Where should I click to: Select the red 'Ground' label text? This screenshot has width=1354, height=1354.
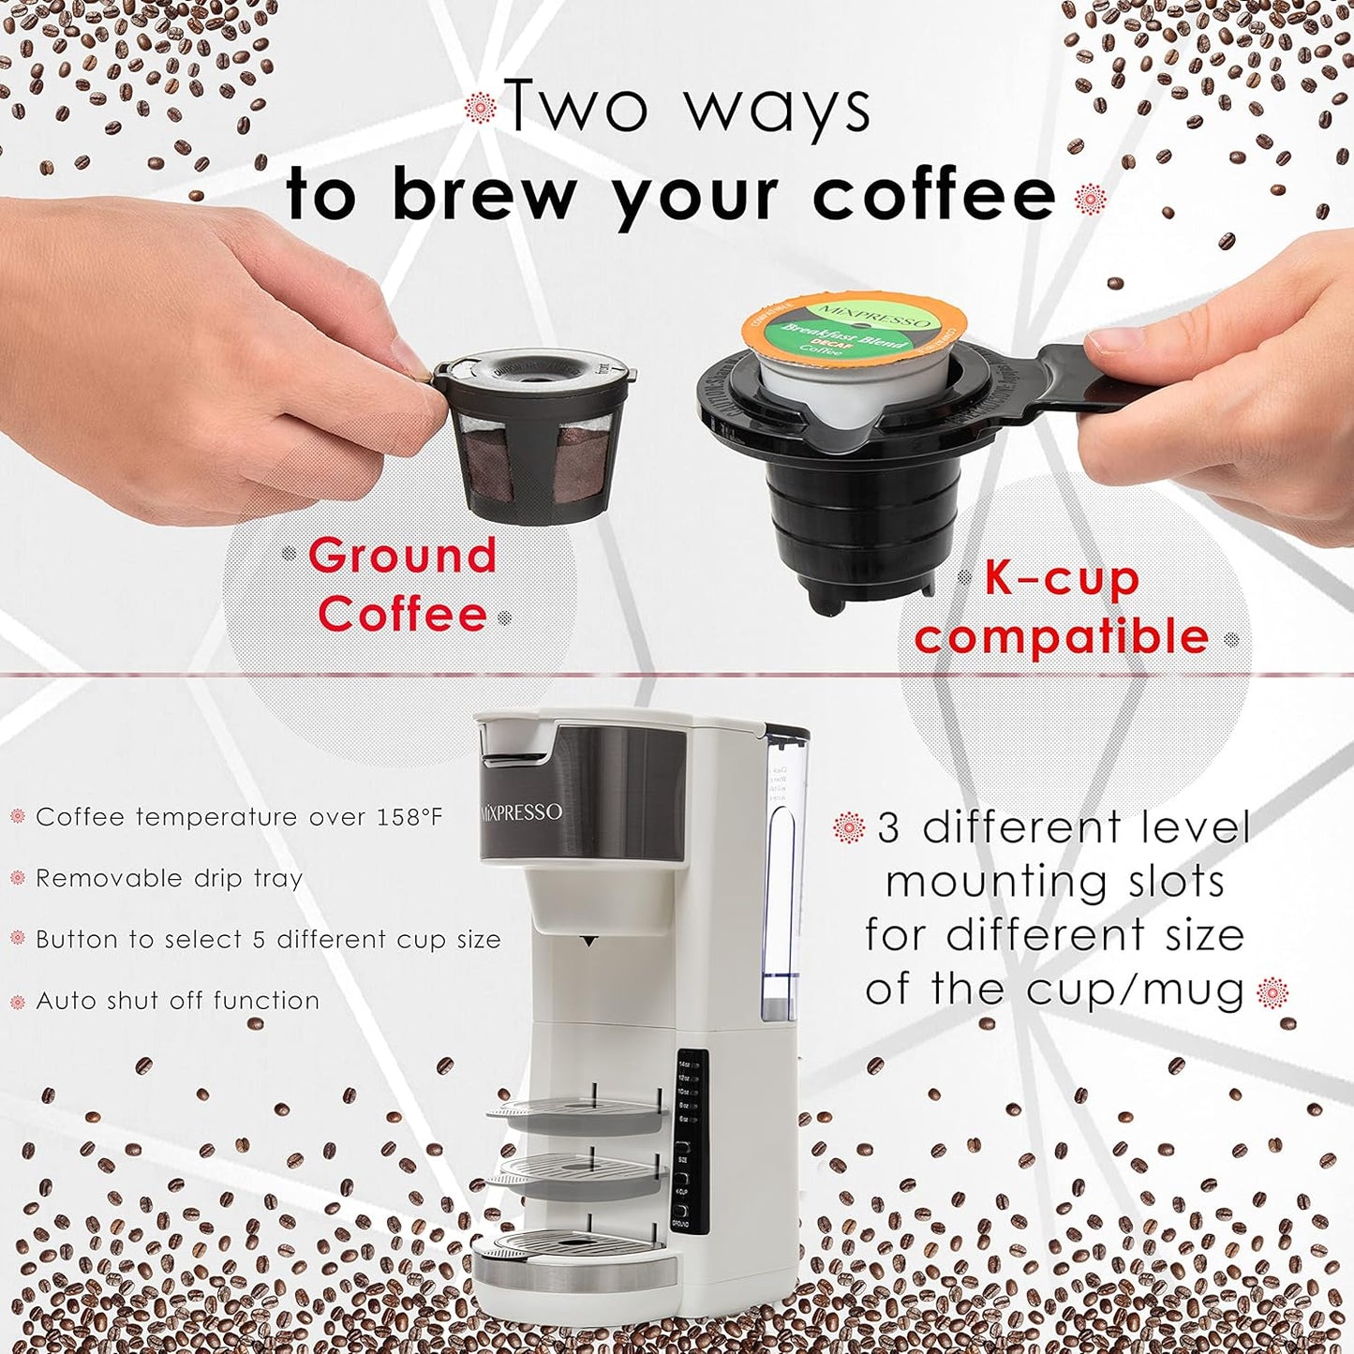tap(403, 556)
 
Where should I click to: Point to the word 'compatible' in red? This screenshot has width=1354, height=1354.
tap(1062, 637)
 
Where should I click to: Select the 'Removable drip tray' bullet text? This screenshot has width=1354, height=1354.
tap(169, 879)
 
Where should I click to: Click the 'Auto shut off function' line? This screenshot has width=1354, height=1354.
tap(177, 1001)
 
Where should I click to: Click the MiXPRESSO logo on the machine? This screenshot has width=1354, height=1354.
tap(522, 811)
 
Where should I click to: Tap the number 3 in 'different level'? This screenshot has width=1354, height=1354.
tap(887, 828)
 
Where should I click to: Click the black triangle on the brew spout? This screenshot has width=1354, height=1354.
tap(588, 940)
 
